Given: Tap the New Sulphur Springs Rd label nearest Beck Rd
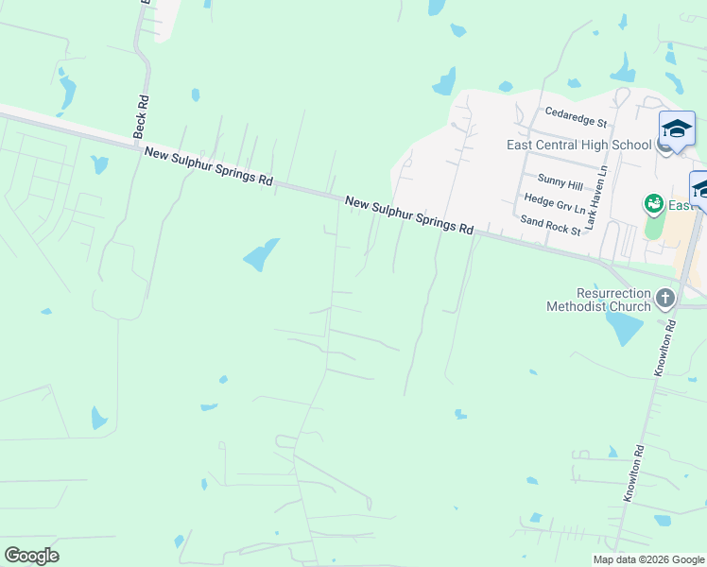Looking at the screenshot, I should [209, 166].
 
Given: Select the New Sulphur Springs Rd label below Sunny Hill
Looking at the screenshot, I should [409, 215].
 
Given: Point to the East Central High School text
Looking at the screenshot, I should [578, 145].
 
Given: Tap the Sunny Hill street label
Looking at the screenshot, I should [557, 179].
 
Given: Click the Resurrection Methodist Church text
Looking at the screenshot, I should [599, 300].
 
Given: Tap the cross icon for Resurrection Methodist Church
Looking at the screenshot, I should [665, 299].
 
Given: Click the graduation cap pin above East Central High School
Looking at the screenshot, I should [677, 129].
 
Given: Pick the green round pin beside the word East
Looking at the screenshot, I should [652, 204].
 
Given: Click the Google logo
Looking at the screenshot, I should [31, 556].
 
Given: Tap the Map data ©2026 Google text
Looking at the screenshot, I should [647, 559].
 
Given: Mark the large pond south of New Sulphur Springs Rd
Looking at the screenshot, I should [260, 254].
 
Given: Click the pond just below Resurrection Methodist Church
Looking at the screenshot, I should [623, 328].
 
